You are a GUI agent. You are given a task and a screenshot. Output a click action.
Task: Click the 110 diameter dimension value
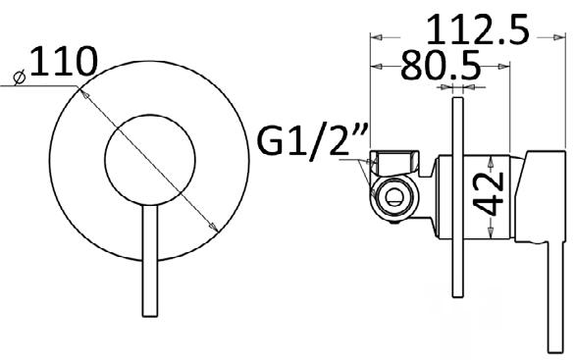pyautogui.click(x=64, y=61)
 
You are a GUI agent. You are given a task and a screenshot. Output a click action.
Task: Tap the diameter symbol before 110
pyautogui.click(x=20, y=77)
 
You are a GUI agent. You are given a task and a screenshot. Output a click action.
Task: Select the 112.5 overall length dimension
pyautogui.click(x=478, y=29)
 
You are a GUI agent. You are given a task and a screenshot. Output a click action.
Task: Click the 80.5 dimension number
pyautogui.click(x=441, y=65)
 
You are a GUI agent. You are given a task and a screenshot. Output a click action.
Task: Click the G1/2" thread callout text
pyautogui.click(x=313, y=141)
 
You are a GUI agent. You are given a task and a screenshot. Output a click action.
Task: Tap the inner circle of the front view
pyautogui.click(x=150, y=160)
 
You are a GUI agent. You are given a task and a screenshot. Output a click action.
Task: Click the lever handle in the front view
pyautogui.click(x=150, y=260)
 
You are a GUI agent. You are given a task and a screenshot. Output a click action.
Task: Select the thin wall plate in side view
pyautogui.click(x=457, y=197)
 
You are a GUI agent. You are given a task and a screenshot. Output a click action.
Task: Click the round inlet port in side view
pyautogui.click(x=393, y=197)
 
